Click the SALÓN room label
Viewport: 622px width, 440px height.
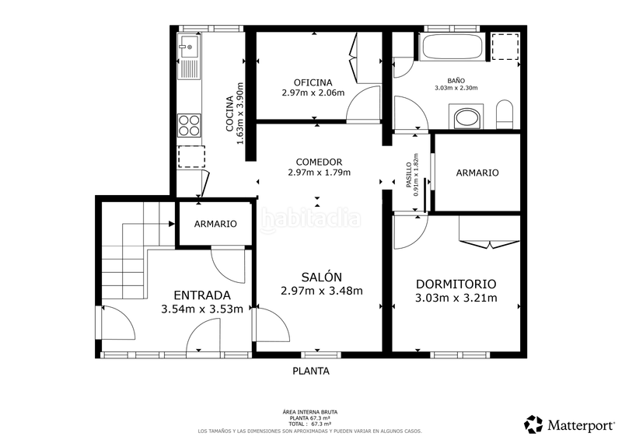[x=322, y=277]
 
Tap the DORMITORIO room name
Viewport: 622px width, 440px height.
[x=456, y=284]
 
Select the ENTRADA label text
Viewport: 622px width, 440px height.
[x=201, y=295]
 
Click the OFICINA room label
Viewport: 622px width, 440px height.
[x=313, y=82]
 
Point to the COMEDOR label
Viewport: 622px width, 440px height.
[x=319, y=162]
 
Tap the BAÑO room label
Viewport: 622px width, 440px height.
[x=456, y=80]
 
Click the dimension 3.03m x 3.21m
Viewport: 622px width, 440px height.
[x=456, y=298]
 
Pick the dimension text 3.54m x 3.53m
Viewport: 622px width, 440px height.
[x=201, y=309]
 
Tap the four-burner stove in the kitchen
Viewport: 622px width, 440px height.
[x=189, y=125]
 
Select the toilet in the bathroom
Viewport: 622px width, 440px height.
[x=504, y=114]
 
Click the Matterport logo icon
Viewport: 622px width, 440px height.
[x=533, y=424]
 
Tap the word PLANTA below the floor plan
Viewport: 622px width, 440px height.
[x=311, y=371]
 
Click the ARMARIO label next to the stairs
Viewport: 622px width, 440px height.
[x=215, y=224]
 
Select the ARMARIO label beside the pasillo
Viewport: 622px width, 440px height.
[x=477, y=173]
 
